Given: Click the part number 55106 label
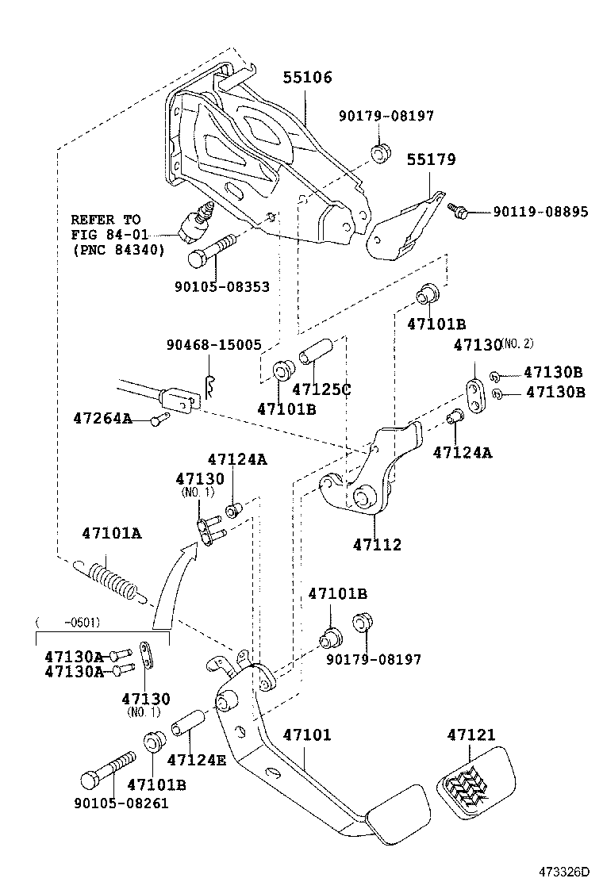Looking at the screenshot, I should pos(308,78).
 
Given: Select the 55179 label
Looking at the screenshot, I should pos(431,159).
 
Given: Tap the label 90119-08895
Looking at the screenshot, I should pos(540,212).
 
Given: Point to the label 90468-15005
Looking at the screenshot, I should pos(213,346).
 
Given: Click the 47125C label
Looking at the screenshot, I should pos(321,389).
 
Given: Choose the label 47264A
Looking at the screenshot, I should pos(102,417).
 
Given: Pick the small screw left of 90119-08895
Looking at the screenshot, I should pos(458,210).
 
